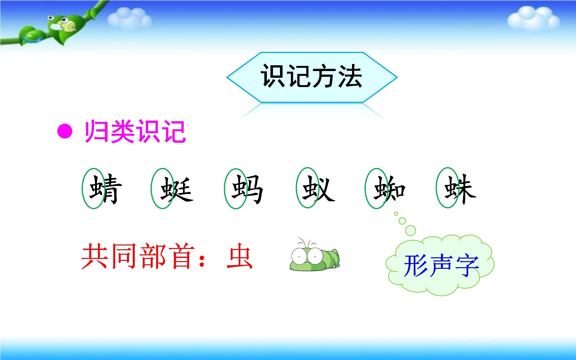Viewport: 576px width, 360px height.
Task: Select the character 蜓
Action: [x=177, y=189]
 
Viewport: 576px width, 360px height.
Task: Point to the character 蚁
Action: [x=318, y=189]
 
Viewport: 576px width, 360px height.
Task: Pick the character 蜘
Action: [x=390, y=189]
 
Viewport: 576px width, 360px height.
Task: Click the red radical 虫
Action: [x=240, y=256]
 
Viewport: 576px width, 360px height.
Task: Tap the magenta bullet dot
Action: [x=65, y=131]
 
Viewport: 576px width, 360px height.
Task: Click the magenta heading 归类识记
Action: [x=135, y=131]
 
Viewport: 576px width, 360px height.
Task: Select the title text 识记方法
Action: [x=312, y=76]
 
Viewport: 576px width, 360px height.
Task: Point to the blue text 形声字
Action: [x=441, y=265]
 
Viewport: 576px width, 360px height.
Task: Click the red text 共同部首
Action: [x=138, y=256]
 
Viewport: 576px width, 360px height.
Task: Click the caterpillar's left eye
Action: [x=299, y=256]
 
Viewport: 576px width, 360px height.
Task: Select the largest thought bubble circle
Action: [x=411, y=230]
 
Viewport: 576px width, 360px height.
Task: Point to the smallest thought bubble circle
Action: [x=396, y=213]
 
